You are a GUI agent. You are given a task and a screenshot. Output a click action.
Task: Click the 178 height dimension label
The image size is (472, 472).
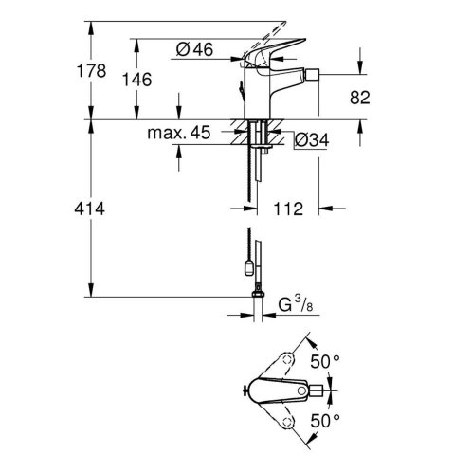pyautogui.click(x=91, y=70)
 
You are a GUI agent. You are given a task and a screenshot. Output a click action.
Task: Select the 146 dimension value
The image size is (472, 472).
pyautogui.click(x=136, y=80)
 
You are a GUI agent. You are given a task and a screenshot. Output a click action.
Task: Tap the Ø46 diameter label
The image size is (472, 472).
pyautogui.click(x=194, y=49)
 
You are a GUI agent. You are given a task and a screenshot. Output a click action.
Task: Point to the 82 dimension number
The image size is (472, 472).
pyautogui.click(x=359, y=98)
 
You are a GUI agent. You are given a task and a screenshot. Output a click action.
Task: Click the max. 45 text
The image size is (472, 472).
pyautogui.click(x=178, y=133)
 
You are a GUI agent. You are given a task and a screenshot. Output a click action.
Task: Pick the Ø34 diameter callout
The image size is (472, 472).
pyautogui.click(x=312, y=139)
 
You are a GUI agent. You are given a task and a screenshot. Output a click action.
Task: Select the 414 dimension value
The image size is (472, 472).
pyautogui.click(x=89, y=209)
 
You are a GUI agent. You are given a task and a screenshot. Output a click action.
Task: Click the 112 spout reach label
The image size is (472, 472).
pyautogui.click(x=288, y=209)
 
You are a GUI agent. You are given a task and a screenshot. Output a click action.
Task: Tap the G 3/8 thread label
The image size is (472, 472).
pyautogui.click(x=296, y=304)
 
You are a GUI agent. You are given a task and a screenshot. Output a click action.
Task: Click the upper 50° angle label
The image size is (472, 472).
pyautogui.click(x=324, y=362)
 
